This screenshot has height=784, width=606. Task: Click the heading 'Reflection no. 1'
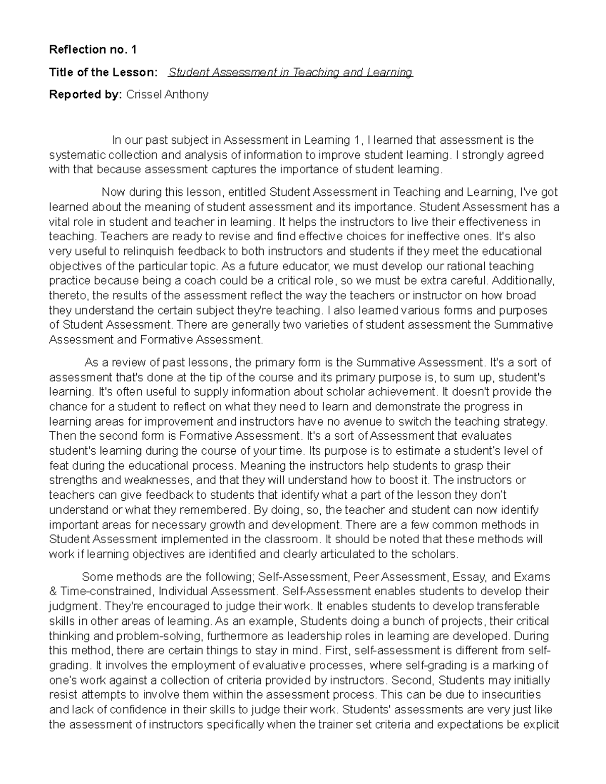tap(92, 49)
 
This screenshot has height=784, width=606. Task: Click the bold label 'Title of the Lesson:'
tap(103, 72)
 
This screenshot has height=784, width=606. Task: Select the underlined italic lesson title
tap(291, 72)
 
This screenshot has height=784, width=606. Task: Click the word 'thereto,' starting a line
tap(68, 295)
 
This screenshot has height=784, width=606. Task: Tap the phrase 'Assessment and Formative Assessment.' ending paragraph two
tap(156, 340)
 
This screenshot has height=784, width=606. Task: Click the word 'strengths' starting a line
tap(72, 480)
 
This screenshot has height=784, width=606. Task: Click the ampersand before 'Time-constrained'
tap(53, 591)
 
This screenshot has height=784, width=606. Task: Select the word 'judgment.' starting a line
tap(71, 606)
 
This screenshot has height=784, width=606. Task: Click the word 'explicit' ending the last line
tap(541, 725)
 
